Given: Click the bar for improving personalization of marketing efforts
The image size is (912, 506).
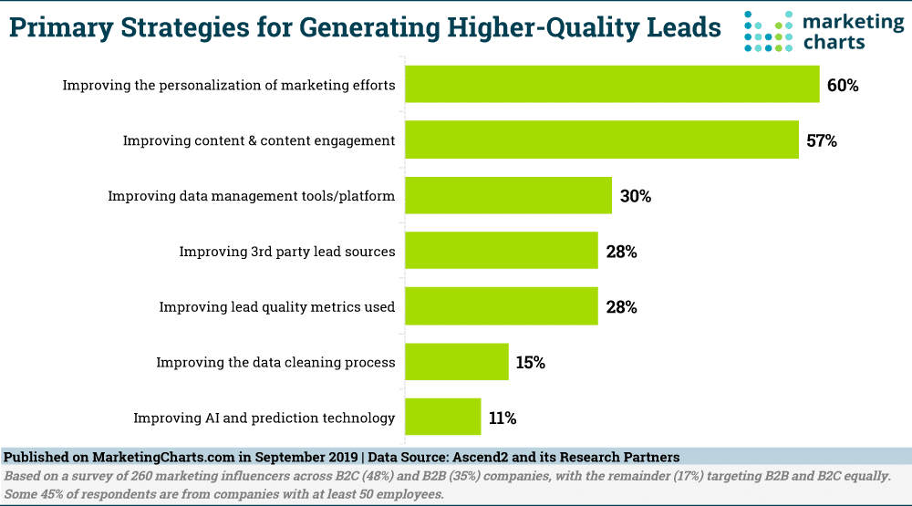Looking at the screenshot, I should point(612,85).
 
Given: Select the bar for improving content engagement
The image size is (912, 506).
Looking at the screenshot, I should point(602,140).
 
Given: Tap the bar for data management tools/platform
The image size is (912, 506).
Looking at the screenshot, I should point(508,195).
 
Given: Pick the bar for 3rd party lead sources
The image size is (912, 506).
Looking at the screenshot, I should point(502,251).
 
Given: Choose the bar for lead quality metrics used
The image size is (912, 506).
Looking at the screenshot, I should point(502,306).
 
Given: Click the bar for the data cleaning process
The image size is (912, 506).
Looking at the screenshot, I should point(457,362).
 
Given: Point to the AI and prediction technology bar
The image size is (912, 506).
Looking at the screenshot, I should point(443,418).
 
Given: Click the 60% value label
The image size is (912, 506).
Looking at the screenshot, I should point(843,86).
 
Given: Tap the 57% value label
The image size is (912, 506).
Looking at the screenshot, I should point(821,141).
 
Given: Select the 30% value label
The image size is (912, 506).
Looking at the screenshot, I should point(635,196).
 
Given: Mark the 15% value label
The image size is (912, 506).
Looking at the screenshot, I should point(530,363).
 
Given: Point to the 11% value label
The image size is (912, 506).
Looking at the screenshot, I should point(502,418).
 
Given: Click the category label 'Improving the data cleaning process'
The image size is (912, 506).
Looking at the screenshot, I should point(275,363).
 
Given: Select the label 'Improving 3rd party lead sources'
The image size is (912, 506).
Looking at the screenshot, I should point(287,252).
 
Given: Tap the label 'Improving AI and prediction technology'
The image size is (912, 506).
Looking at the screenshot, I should point(264,418).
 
